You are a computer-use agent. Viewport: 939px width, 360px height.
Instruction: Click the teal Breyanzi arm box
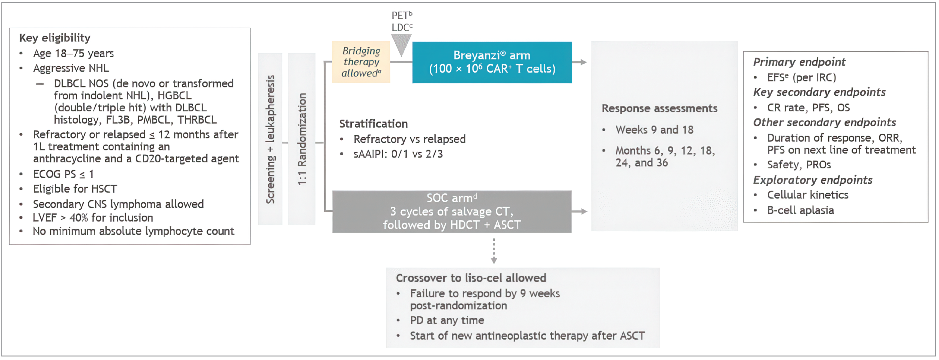[492, 62]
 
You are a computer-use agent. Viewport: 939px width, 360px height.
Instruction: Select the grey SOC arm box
[452, 211]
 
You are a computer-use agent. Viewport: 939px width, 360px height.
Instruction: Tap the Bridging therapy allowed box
[361, 62]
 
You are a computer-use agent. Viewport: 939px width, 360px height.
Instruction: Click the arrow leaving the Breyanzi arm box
[579, 62]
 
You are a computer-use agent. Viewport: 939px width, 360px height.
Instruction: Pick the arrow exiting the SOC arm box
[579, 211]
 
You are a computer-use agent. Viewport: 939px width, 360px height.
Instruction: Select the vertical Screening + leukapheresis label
[270, 139]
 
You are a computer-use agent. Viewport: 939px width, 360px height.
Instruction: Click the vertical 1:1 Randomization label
[302, 139]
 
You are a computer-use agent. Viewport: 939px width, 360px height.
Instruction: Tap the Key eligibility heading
[55, 38]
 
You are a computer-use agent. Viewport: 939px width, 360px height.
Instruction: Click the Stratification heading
[373, 124]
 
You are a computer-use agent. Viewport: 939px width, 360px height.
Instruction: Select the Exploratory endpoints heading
[813, 180]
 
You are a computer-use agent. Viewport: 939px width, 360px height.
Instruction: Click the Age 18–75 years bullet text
[73, 54]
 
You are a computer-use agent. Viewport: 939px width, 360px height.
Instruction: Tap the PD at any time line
[447, 320]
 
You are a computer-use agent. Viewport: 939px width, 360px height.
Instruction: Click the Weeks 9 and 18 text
[654, 130]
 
